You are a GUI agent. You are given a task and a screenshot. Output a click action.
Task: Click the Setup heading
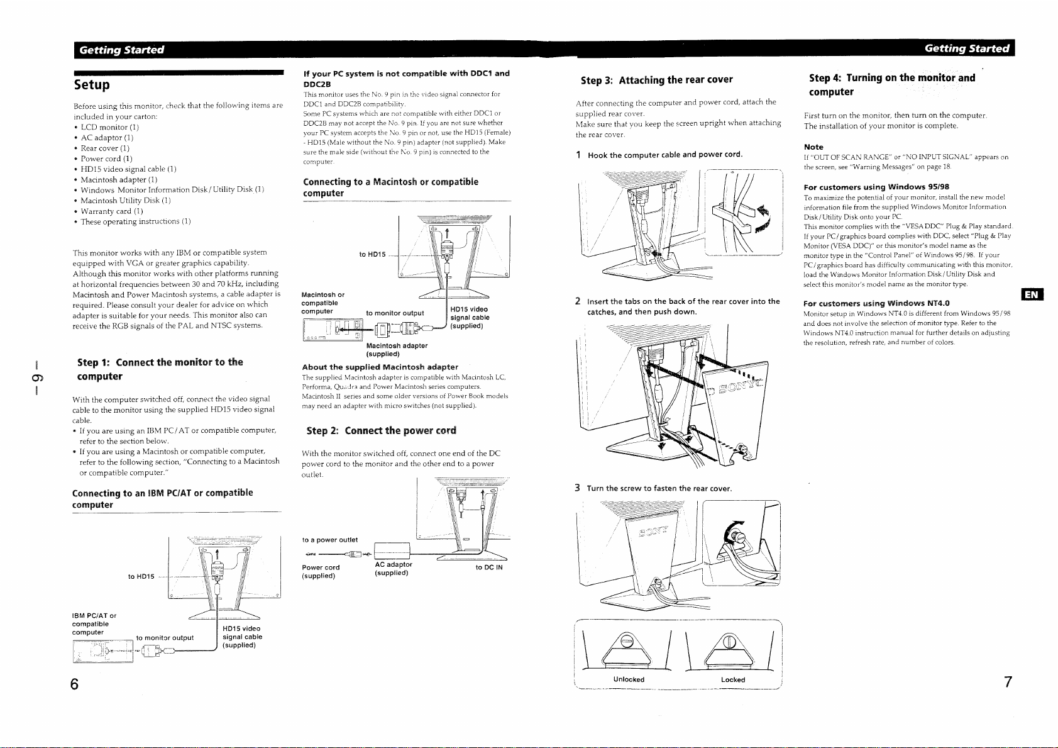(92, 85)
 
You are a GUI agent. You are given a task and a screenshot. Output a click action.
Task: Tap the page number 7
(1008, 682)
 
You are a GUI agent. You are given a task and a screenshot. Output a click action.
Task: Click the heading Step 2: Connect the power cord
(381, 431)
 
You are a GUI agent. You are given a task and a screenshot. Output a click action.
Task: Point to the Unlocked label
(629, 679)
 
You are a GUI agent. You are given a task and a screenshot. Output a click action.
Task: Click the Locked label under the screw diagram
(733, 679)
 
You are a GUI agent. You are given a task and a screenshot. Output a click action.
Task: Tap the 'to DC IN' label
(489, 567)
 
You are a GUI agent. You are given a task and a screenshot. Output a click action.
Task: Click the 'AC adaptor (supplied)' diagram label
(394, 569)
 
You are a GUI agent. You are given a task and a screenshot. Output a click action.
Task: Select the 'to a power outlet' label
(330, 540)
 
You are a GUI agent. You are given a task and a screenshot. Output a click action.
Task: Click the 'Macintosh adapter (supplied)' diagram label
(397, 350)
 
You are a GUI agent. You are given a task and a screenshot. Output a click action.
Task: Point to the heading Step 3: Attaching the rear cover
(656, 80)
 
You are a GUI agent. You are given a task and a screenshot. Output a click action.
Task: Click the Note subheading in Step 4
(813, 147)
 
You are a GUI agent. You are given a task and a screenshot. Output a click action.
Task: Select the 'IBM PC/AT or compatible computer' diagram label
(94, 624)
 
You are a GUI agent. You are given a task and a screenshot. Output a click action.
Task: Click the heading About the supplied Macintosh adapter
(380, 367)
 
